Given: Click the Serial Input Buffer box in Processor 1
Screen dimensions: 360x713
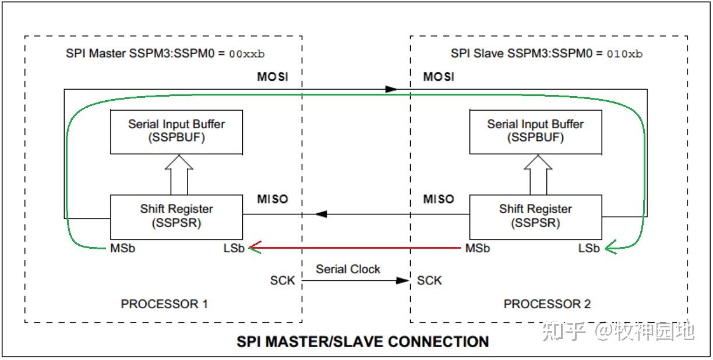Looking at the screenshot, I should pyautogui.click(x=177, y=132).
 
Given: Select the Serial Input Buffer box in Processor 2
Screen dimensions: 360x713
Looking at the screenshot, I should pyautogui.click(x=535, y=132).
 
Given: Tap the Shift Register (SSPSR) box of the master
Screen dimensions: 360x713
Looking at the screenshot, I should pyautogui.click(x=177, y=216).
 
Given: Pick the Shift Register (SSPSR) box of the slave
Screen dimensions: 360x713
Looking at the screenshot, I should pyautogui.click(x=535, y=216).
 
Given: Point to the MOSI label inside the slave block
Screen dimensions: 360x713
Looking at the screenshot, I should pyautogui.click(x=439, y=77).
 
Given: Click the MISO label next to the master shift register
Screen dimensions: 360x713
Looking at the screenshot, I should pyautogui.click(x=273, y=199).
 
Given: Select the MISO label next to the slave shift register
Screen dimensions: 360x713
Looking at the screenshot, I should pyautogui.click(x=438, y=199).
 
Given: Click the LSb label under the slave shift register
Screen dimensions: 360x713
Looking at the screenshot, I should pyautogui.click(x=589, y=249).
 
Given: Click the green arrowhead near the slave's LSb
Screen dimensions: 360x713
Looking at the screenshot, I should pyautogui.click(x=610, y=249).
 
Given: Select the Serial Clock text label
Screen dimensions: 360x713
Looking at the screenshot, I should pyautogui.click(x=348, y=269).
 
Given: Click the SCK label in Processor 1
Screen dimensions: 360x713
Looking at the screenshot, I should pyautogui.click(x=283, y=281).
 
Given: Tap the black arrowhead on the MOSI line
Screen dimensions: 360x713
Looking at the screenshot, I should pyautogui.click(x=391, y=89).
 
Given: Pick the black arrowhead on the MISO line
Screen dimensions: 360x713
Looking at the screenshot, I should pyautogui.click(x=320, y=214).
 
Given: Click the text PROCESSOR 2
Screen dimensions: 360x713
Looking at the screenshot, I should pyautogui.click(x=547, y=304).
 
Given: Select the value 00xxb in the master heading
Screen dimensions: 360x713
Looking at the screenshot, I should pyautogui.click(x=246, y=54).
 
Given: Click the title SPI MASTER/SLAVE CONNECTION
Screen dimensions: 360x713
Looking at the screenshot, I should pyautogui.click(x=362, y=341).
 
